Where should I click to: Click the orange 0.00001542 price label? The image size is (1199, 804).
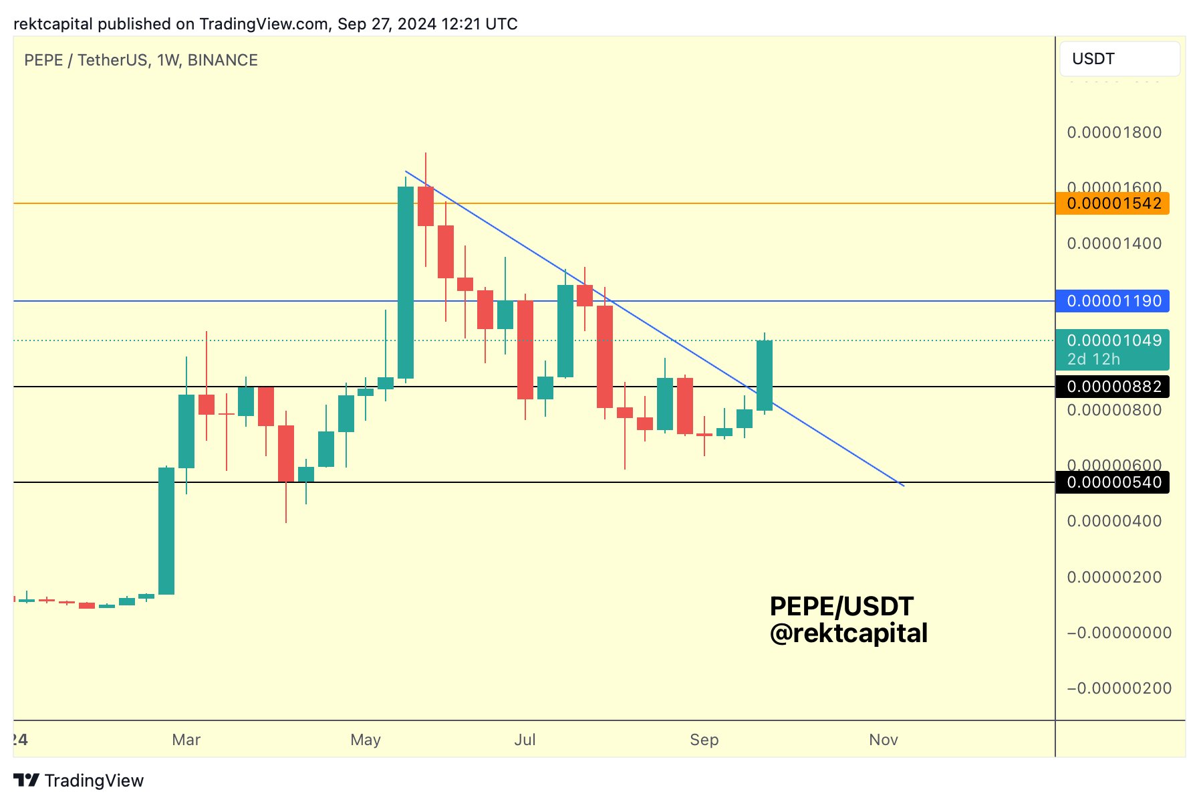1113,203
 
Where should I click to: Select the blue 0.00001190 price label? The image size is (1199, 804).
1113,301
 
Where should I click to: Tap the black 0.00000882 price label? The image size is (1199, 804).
1113,387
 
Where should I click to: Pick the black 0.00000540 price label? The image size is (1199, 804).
1113,482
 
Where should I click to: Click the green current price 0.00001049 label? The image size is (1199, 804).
1113,341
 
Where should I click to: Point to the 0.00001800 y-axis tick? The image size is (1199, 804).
1114,132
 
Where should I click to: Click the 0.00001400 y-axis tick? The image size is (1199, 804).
1114,243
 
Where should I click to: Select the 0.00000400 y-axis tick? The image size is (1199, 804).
1114,521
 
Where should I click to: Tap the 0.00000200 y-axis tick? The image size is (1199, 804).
1114,577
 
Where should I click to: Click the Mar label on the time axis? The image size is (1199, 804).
186,740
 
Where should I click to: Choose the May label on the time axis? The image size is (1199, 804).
366,740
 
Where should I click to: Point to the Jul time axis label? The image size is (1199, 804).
525,740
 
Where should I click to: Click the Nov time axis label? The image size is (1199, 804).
884,740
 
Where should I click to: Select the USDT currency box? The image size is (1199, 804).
1119,59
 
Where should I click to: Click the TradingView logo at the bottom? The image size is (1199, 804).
79,781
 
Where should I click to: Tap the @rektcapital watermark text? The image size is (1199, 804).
849,633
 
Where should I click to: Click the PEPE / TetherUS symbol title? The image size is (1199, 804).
85,60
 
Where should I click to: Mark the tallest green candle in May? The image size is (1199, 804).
406,282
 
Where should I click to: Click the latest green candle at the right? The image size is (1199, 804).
765,375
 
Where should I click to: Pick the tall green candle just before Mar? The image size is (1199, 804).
166,530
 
